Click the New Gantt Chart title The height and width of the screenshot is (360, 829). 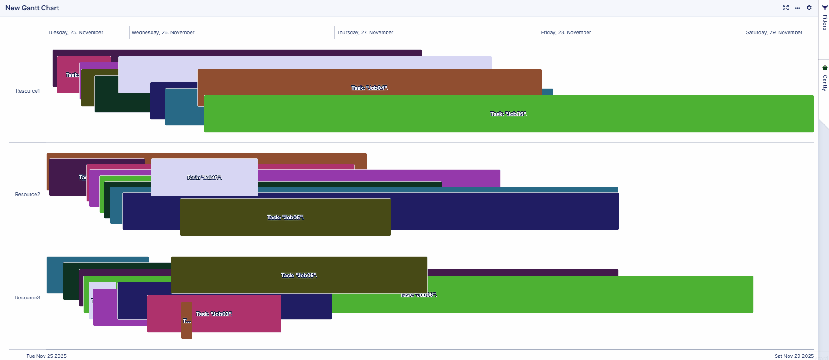click(x=32, y=8)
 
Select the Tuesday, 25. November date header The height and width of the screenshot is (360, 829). click(x=76, y=32)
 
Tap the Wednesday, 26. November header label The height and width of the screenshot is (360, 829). click(x=163, y=32)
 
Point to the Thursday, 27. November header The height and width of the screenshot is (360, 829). click(x=365, y=32)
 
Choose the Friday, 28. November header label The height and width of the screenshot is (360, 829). click(x=566, y=32)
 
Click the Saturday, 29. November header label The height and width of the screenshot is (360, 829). click(x=774, y=32)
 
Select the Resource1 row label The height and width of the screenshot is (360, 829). click(x=27, y=91)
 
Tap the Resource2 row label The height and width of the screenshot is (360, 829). click(x=27, y=194)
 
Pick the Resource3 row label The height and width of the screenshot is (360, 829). click(x=27, y=298)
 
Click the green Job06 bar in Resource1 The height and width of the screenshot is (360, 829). click(x=508, y=114)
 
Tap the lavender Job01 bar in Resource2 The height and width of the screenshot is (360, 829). click(x=204, y=177)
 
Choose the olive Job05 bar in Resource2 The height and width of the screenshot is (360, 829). click(x=285, y=218)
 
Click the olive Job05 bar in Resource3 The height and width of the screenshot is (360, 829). click(x=299, y=275)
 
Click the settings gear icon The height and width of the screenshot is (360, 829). click(x=809, y=8)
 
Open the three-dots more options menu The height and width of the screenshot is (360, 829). click(x=798, y=8)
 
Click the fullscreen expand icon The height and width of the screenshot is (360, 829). click(x=786, y=8)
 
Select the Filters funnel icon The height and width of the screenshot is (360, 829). click(x=825, y=8)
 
